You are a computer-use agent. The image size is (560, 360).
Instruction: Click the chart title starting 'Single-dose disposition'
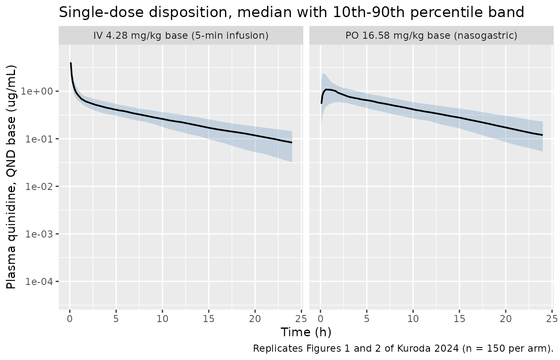[291, 12]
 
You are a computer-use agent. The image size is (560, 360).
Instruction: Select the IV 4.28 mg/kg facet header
[181, 35]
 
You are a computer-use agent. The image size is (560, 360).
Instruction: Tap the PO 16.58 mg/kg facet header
[431, 35]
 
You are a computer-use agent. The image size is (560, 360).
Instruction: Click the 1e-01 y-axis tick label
[40, 139]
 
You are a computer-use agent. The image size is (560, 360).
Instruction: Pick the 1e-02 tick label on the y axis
[40, 187]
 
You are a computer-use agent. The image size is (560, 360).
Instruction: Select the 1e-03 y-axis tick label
[40, 234]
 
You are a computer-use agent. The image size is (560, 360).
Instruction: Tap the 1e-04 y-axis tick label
[40, 282]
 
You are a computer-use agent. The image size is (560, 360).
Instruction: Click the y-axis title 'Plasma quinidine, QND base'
[11, 177]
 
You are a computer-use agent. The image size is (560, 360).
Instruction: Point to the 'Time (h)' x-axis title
[306, 332]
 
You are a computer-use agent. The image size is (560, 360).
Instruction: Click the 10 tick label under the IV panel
[162, 319]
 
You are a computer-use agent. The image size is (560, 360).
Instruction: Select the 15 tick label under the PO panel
[460, 319]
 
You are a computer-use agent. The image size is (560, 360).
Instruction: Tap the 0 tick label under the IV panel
[70, 319]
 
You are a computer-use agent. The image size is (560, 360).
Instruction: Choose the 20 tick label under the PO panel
[506, 319]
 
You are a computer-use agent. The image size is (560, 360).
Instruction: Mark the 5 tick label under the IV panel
[116, 319]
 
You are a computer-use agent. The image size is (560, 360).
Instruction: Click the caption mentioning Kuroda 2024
[403, 348]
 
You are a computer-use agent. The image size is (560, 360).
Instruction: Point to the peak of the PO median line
[327, 89]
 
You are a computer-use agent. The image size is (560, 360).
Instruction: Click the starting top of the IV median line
[71, 63]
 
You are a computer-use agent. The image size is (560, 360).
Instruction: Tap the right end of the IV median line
[292, 142]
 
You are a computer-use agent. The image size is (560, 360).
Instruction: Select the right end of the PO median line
[543, 135]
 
